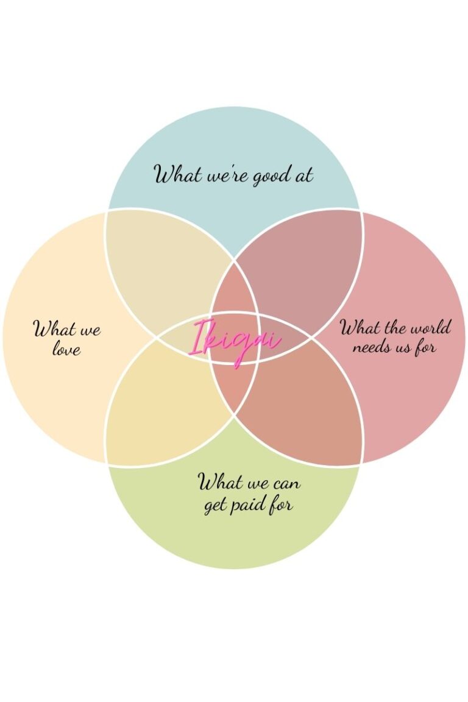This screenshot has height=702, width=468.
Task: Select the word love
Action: (66, 349)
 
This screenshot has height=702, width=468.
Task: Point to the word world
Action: (430, 328)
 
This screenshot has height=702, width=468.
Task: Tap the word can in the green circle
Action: (284, 484)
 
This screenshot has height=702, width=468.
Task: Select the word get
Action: (215, 506)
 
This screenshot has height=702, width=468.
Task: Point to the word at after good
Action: (303, 175)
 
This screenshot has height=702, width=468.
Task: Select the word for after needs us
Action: (427, 347)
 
